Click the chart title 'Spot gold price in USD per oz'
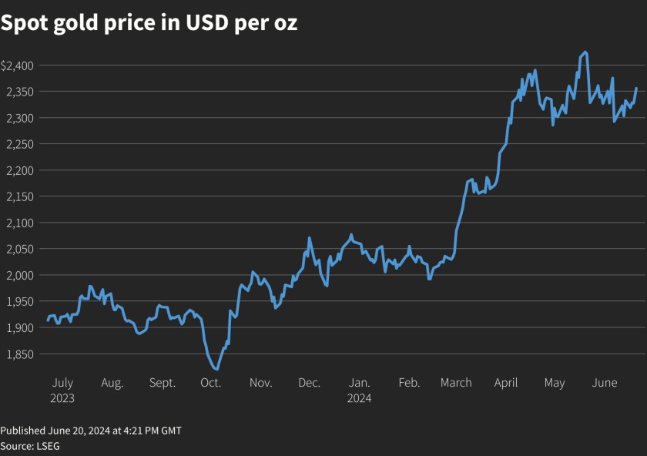(149, 24)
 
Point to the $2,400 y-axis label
(16, 65)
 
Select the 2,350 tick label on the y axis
(18, 92)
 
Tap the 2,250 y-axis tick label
(18, 144)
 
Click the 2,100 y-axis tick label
(18, 223)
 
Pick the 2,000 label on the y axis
(18, 275)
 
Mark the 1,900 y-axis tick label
(18, 327)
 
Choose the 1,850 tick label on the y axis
(18, 354)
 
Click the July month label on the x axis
(62, 383)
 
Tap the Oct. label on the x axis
(211, 383)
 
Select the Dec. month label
(309, 383)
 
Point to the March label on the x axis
(456, 383)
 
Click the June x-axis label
(605, 383)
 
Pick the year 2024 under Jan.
(359, 398)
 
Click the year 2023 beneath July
(62, 398)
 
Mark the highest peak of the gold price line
(586, 52)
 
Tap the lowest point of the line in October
(216, 369)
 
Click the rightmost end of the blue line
(636, 89)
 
